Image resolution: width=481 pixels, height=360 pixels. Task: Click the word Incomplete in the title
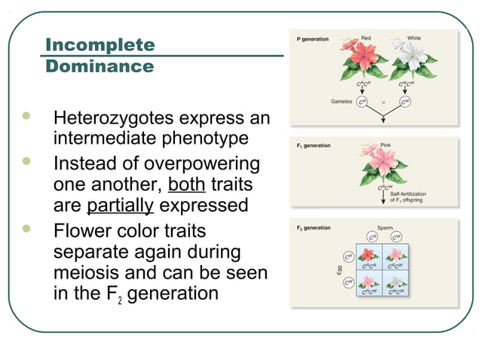click(100, 44)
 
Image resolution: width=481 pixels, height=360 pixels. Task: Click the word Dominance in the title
click(100, 66)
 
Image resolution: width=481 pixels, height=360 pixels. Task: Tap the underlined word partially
click(121, 206)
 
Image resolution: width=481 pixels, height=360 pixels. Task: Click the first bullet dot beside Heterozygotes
click(29, 117)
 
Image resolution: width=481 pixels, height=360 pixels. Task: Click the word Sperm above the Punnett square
click(386, 227)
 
